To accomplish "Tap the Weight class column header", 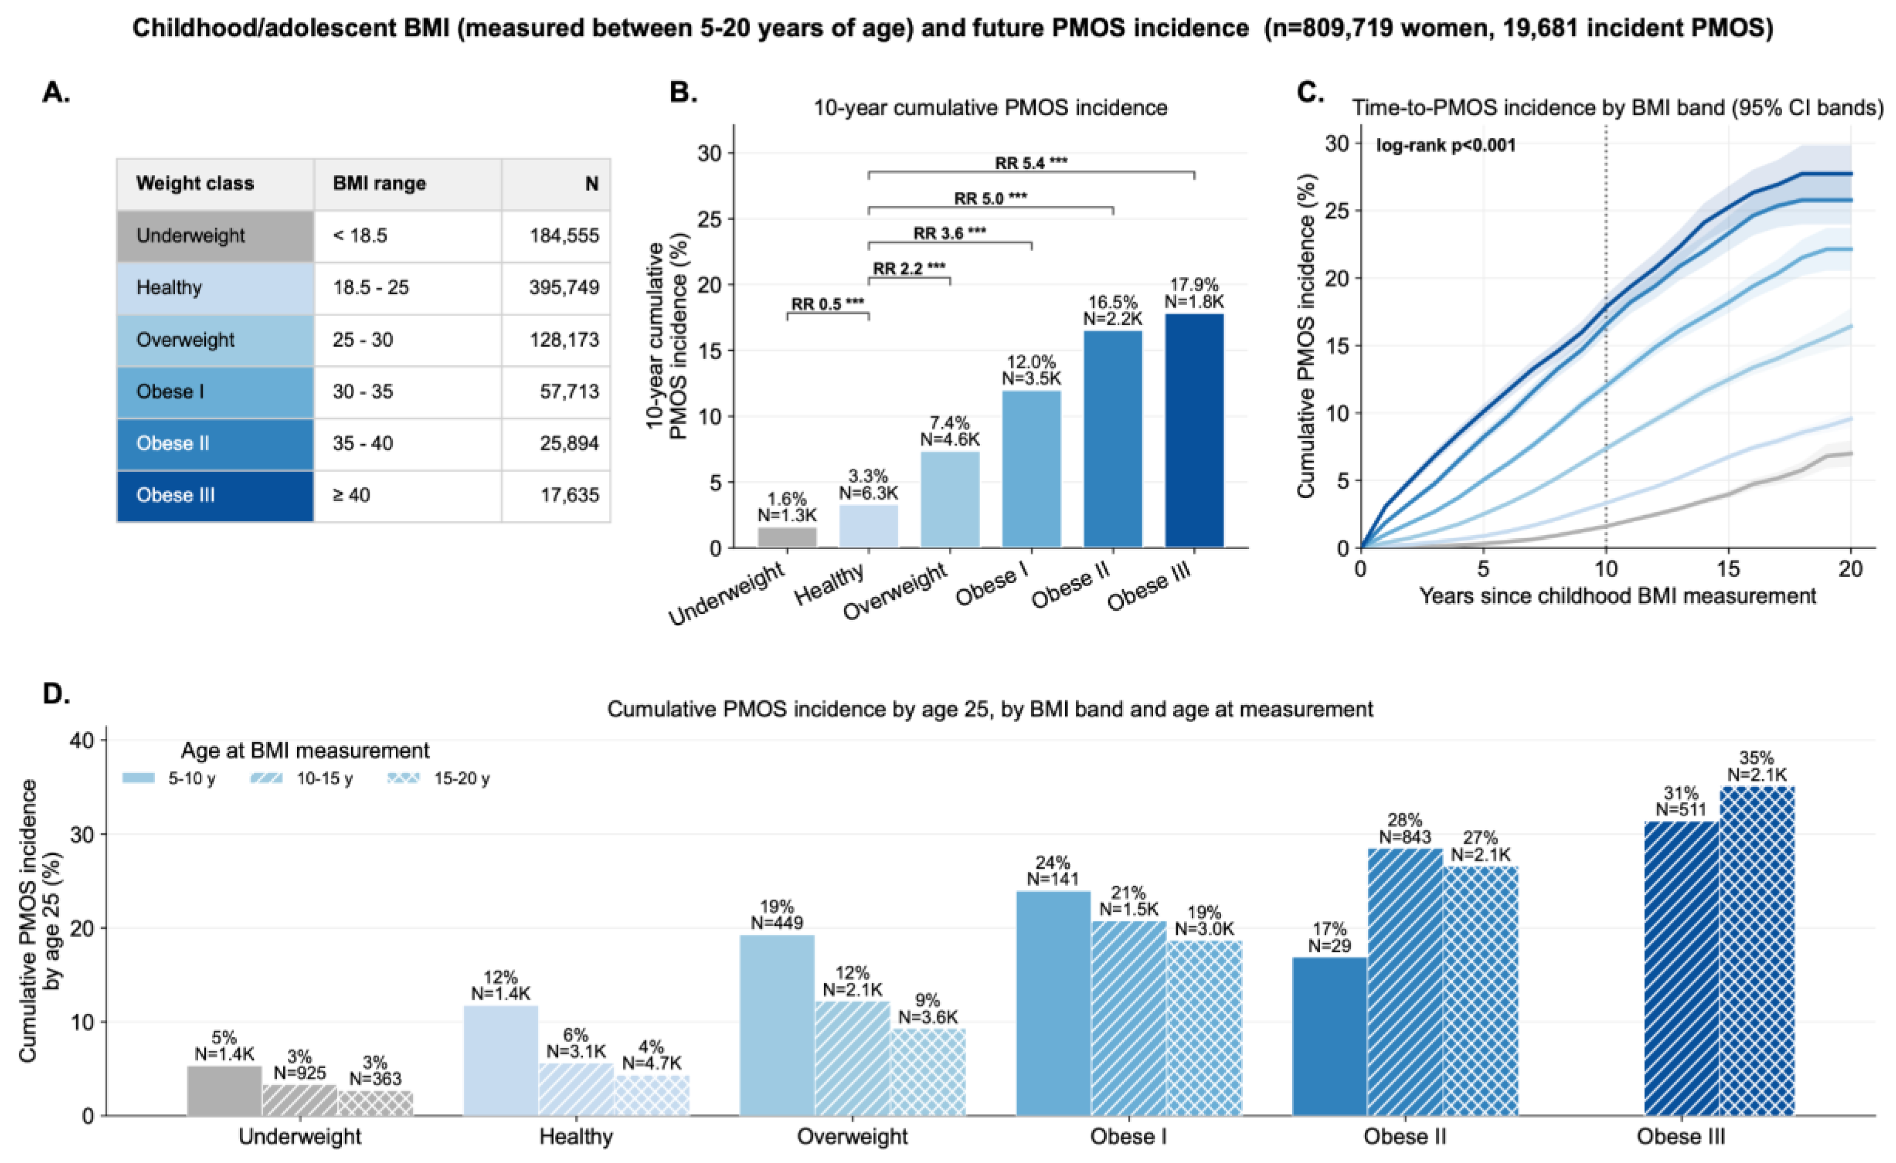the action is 195,184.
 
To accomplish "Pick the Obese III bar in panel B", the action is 1194,431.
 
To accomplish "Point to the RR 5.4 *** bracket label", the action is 1031,163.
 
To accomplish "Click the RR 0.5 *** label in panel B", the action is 828,304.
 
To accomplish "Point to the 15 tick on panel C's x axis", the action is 1728,569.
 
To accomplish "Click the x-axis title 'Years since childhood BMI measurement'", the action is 1617,596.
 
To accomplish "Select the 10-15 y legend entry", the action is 302,779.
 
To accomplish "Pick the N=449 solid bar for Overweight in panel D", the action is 777,1025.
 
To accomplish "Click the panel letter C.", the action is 1311,93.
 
